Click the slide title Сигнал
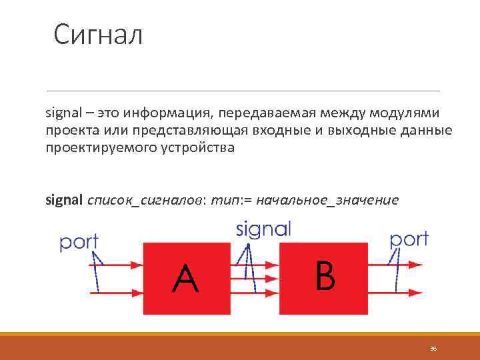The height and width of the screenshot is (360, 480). pyautogui.click(x=98, y=35)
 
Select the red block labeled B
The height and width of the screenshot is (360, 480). pyautogui.click(x=323, y=277)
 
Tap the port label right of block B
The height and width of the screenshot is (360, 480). pyautogui.click(x=409, y=239)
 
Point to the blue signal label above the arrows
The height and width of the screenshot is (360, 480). pyautogui.click(x=263, y=230)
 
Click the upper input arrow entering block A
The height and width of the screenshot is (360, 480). pyautogui.click(x=117, y=265)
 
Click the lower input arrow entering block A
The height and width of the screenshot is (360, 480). pyautogui.click(x=117, y=291)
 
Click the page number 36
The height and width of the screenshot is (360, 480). pyautogui.click(x=433, y=349)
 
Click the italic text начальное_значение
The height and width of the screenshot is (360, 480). pyautogui.click(x=327, y=200)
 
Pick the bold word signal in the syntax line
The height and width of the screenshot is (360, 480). pyautogui.click(x=64, y=200)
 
